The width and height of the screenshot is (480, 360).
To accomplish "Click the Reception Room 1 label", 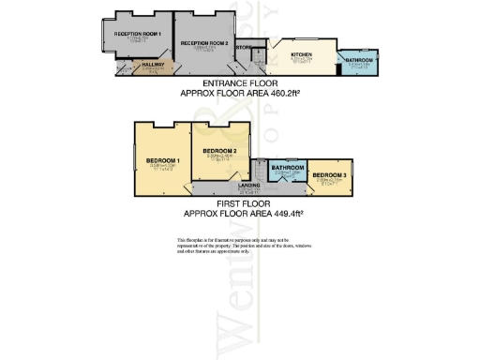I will (x=139, y=34).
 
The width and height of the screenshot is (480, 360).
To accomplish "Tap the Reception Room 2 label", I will (x=204, y=43).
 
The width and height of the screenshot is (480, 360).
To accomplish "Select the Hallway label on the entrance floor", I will (x=153, y=64).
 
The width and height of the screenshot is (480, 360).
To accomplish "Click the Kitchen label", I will (x=301, y=55).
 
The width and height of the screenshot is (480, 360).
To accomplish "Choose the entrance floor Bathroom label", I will (x=359, y=60).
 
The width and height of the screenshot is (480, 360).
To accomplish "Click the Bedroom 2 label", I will (x=218, y=151).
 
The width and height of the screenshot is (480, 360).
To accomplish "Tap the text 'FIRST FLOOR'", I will (x=241, y=203).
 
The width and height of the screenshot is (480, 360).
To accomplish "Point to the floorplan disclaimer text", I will (x=240, y=247).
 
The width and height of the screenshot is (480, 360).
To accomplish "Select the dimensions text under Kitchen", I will (x=301, y=61).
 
